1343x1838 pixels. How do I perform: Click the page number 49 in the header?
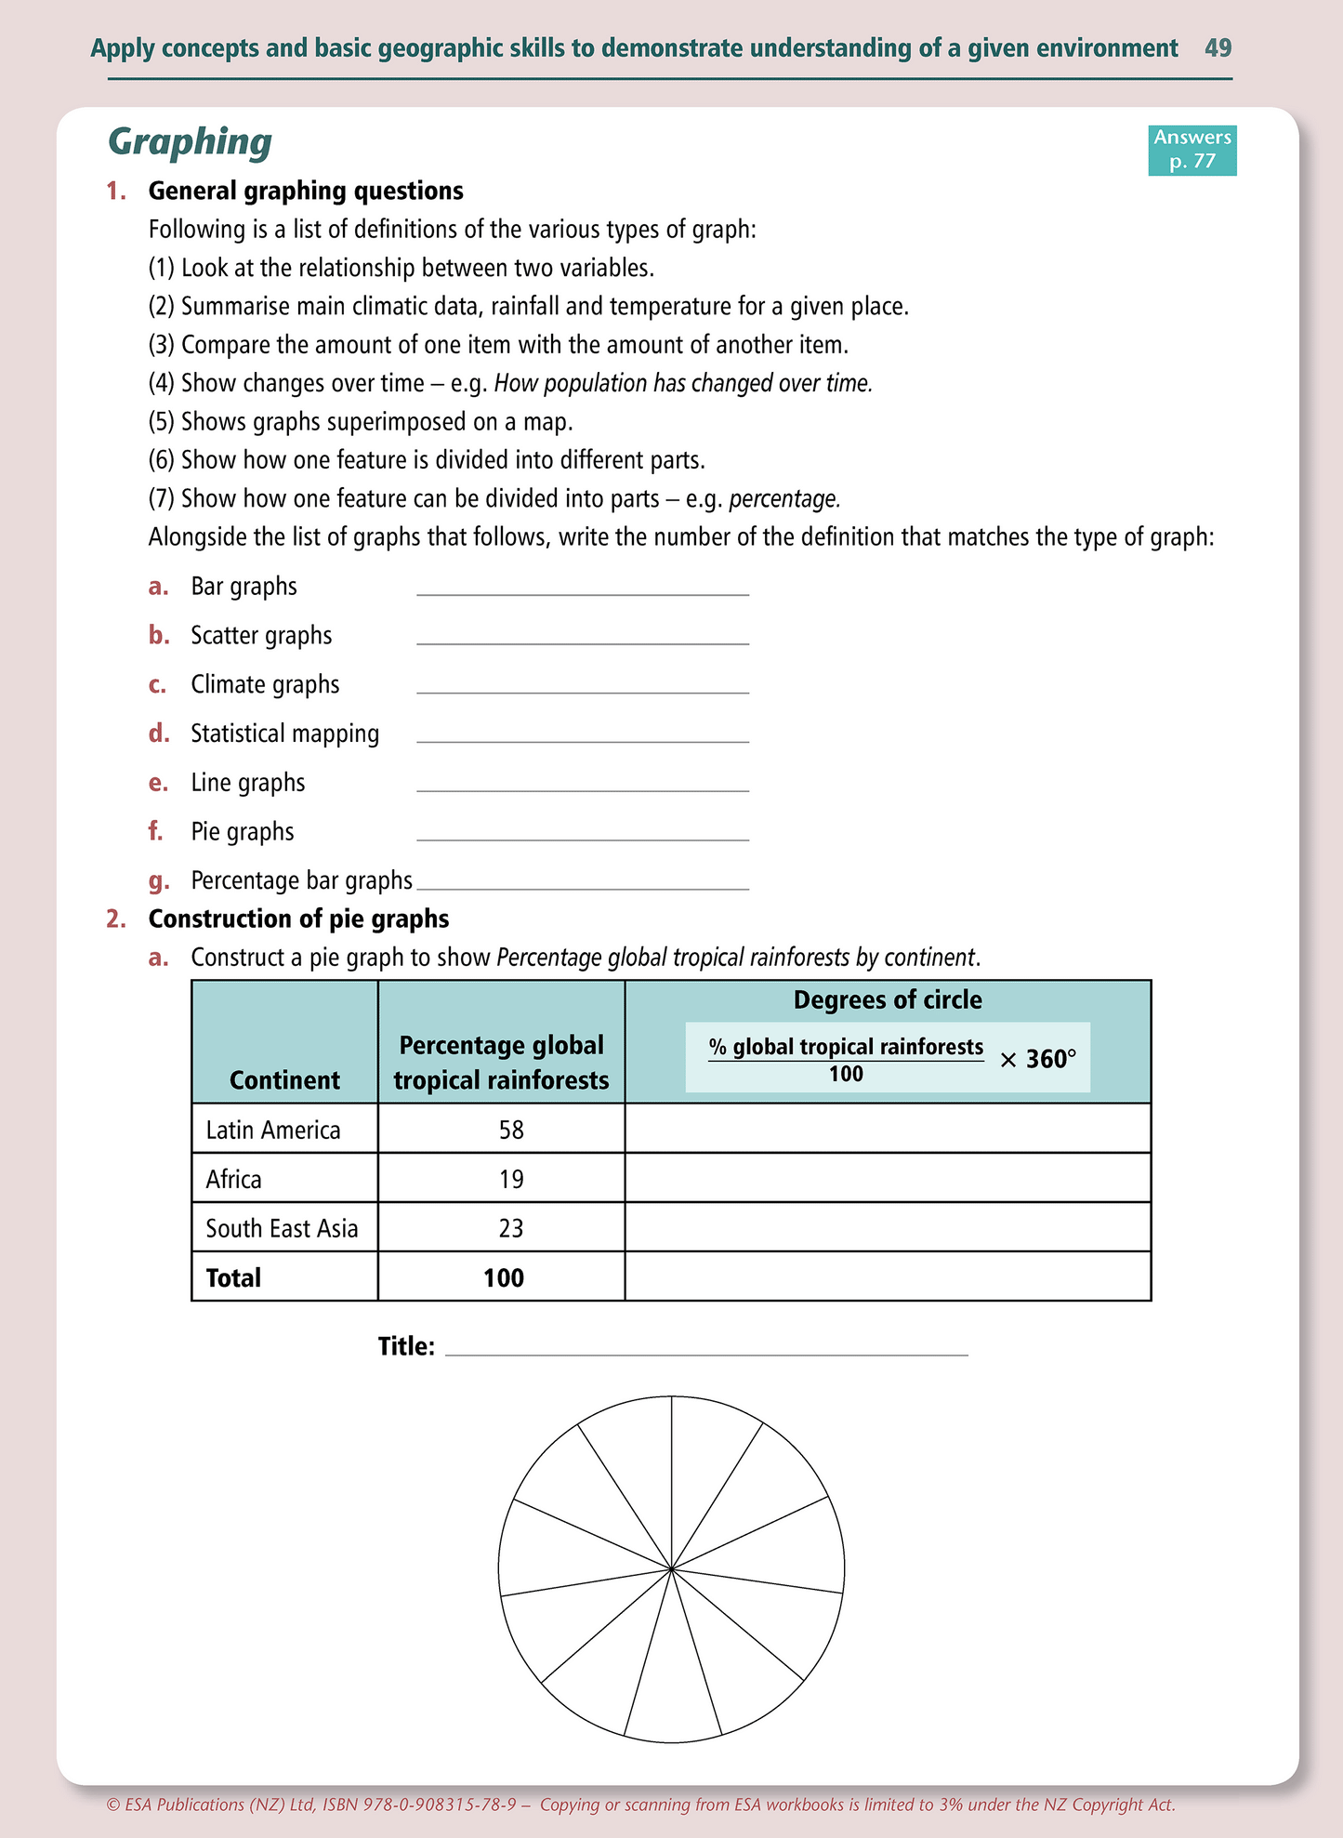click(x=1218, y=47)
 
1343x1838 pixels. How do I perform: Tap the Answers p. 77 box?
click(x=1192, y=150)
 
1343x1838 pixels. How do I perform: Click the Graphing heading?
click(x=190, y=141)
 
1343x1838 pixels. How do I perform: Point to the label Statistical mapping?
click(x=284, y=734)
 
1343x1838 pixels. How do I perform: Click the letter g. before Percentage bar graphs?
click(x=158, y=880)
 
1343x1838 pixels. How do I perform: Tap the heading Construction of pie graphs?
click(x=298, y=919)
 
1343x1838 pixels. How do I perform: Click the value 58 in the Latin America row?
click(x=511, y=1130)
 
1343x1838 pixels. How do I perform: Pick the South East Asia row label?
click(x=282, y=1228)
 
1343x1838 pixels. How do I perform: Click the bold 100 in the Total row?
click(x=503, y=1277)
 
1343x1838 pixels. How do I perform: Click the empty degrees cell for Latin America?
click(x=888, y=1129)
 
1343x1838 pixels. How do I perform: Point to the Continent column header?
click(x=284, y=1079)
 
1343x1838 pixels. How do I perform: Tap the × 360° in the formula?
click(x=1037, y=1059)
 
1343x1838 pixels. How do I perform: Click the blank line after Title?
click(x=706, y=1347)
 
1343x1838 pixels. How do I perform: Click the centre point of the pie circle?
click(x=671, y=1568)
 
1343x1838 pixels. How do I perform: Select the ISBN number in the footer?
click(x=432, y=1805)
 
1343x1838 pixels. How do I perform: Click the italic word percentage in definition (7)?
click(x=783, y=499)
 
